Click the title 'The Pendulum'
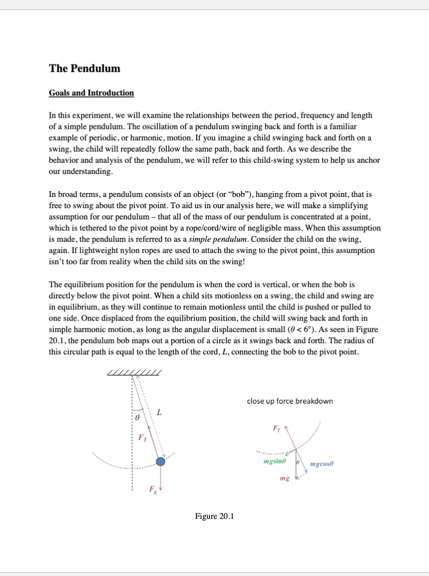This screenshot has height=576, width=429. point(85,69)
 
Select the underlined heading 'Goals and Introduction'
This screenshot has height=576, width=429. point(91,93)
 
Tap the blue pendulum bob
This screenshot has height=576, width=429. point(160,462)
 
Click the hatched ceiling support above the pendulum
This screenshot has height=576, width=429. point(134,372)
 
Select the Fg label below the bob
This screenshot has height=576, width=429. point(151,489)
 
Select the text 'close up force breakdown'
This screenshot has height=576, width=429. point(290,401)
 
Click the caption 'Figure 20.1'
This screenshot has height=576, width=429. point(214,516)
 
